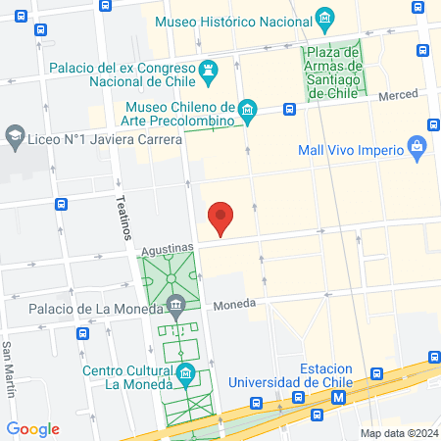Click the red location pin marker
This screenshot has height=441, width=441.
pos(220,218)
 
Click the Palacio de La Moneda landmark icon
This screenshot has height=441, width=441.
pos(175,304)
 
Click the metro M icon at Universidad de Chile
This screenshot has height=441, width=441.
pos(339,397)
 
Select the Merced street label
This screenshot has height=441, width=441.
pos(398,94)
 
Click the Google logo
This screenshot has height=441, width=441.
pos(32,428)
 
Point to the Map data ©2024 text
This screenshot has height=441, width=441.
pos(397,432)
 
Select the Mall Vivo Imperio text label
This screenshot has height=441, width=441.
pos(352,150)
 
